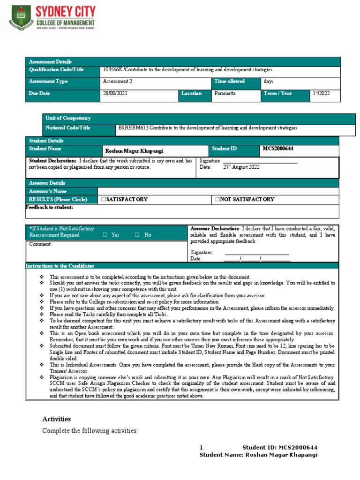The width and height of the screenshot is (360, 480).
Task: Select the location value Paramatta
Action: (225, 93)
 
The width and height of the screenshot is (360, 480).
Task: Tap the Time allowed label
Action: (229, 81)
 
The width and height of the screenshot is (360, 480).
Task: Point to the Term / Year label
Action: (278, 93)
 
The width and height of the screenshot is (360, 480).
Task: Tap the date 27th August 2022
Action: (241, 167)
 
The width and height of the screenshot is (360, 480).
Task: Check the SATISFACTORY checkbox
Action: (103, 200)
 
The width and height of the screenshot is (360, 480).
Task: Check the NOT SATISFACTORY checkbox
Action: (217, 200)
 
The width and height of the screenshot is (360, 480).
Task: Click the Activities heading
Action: (56, 419)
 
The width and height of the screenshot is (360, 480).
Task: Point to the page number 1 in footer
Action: (201, 447)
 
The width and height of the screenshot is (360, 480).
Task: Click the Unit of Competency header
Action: (67, 118)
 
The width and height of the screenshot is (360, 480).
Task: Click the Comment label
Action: (40, 244)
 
